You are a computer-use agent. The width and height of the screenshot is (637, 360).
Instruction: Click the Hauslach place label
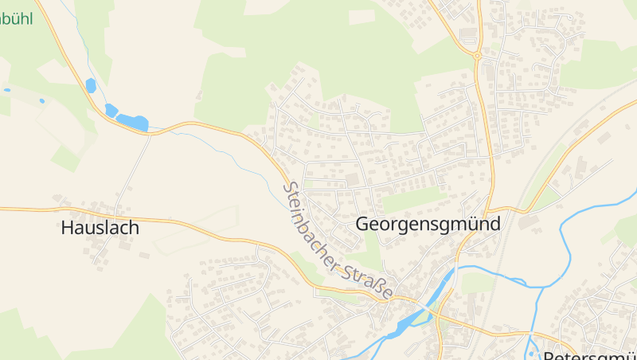100,228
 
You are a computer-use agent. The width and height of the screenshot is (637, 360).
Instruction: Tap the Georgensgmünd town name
428,225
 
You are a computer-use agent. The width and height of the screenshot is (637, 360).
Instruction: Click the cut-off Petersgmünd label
589,354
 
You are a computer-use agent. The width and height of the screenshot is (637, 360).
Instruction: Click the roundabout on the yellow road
476,56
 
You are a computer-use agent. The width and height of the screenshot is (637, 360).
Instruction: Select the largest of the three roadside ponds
132,123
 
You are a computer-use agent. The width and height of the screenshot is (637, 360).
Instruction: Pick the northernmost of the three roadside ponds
91,85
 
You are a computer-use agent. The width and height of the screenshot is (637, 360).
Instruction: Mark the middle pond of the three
111,110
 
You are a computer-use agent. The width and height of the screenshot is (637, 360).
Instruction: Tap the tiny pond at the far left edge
6,89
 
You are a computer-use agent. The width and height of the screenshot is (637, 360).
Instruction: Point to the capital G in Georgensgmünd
363,225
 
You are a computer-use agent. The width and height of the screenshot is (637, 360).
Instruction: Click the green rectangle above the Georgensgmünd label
413,199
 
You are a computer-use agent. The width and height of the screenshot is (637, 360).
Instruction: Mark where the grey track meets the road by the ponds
150,135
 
